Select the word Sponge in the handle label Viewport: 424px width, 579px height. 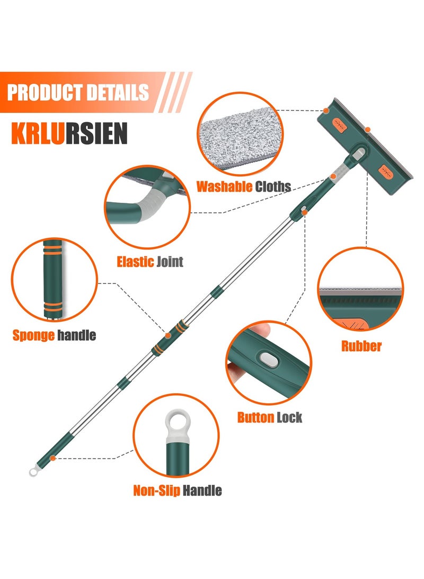tap(33, 335)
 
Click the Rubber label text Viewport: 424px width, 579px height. tap(361, 346)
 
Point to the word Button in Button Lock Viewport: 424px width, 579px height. tap(255, 417)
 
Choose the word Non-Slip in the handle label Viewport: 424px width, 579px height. tap(157, 491)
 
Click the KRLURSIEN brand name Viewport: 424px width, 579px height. tap(69, 134)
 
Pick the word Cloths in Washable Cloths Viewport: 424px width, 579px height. tap(273, 186)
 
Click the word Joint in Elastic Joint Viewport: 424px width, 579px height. tap(170, 262)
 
